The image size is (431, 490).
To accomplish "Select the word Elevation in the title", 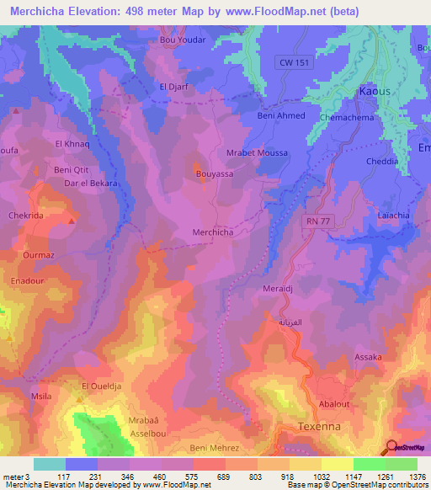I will pyautogui.click(x=92, y=11).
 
